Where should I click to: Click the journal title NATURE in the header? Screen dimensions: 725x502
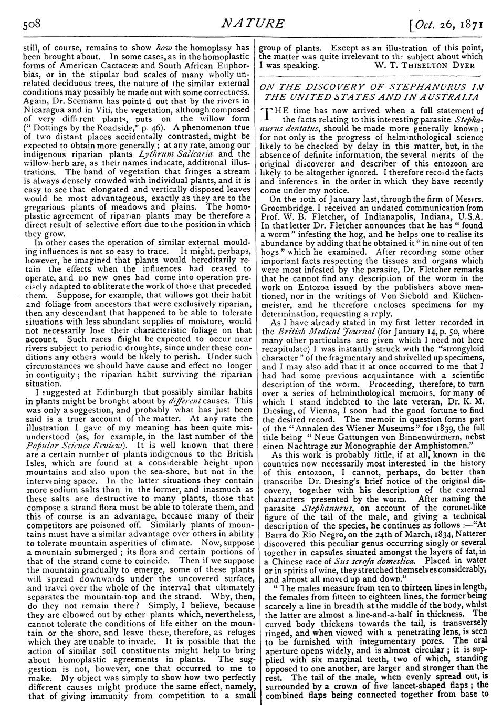pyautogui.click(x=253, y=24)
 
